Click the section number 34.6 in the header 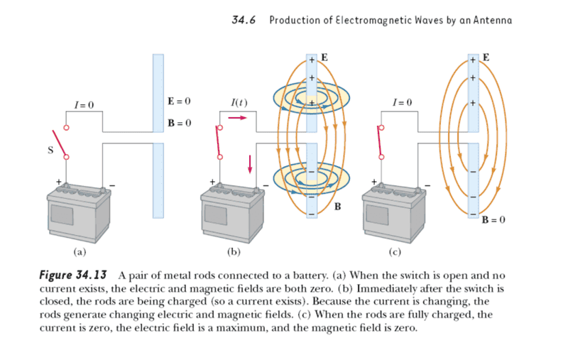pos(244,20)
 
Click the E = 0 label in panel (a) pos(180,102)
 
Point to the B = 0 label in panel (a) pos(180,124)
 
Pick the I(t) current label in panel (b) pos(239,104)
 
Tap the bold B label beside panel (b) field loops pos(337,207)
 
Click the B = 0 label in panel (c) pos(493,220)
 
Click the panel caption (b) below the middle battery pos(234,251)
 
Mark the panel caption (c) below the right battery pos(395,251)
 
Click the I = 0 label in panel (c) pos(401,104)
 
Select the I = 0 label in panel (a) pos(84,106)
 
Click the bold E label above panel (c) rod pos(486,56)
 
